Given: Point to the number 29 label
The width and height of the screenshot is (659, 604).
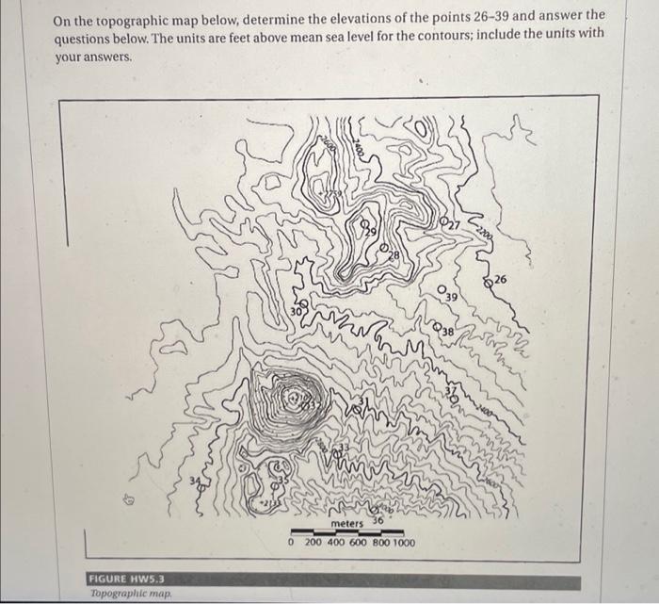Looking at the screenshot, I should click(372, 231).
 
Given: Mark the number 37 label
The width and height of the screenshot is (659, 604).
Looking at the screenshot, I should click(450, 394).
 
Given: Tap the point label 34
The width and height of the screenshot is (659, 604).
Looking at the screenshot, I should click(196, 484).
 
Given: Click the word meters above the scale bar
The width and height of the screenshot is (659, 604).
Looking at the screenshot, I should click(347, 524).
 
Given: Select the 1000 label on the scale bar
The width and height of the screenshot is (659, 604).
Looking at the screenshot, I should click(402, 544).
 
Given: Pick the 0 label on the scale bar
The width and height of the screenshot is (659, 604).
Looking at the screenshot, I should click(292, 544).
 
